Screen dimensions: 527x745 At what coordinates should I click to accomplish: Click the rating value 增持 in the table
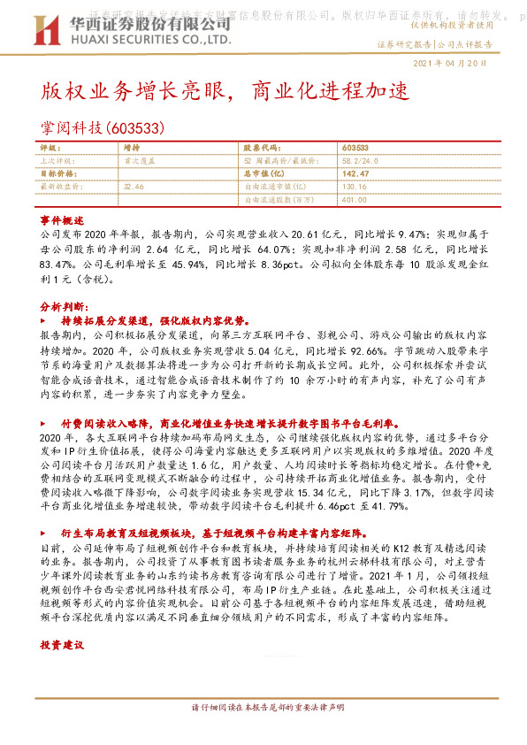pos(133,149)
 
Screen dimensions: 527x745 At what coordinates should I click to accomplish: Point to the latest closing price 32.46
pos(134,187)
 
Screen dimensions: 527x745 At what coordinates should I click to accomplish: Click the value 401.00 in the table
pos(355,199)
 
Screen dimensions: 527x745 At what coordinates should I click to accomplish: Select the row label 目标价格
pos(57,174)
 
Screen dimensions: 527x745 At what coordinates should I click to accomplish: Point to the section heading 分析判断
pos(61,304)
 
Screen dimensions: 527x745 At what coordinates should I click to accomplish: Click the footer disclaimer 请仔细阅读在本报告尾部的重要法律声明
pos(263,709)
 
